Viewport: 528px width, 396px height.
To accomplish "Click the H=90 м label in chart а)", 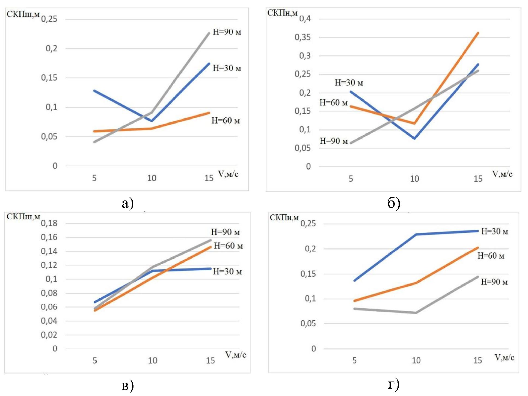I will [227, 32].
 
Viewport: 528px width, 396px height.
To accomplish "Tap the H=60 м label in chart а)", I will [226, 120].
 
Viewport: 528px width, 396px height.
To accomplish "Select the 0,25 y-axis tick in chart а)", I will [49, 19].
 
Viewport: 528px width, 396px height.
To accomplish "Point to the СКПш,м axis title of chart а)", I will [23, 14].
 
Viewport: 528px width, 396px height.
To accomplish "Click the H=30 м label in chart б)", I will [349, 83].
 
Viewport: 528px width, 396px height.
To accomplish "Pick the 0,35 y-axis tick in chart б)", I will [302, 37].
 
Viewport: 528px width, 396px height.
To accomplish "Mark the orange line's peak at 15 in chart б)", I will [478, 33].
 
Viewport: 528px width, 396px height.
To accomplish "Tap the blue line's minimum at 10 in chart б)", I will [414, 138].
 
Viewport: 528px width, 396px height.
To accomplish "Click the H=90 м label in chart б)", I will [334, 141].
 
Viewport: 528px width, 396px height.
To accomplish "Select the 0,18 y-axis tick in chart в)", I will [49, 223].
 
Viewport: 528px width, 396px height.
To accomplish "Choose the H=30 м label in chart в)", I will [227, 271].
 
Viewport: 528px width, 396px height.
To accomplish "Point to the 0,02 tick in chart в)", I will [49, 335].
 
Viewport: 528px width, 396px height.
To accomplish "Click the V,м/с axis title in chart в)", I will [235, 355].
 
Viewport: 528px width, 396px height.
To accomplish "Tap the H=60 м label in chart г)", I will [491, 256].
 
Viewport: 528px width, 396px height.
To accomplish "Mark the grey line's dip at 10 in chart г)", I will [416, 312].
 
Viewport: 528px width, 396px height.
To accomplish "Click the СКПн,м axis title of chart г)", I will [284, 218].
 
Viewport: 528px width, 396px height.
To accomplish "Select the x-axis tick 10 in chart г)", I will [416, 360].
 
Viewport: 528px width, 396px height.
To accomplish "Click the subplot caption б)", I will [394, 203].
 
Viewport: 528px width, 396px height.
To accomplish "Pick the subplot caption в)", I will [127, 386].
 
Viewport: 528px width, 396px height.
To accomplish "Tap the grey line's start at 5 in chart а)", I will [94, 142].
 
